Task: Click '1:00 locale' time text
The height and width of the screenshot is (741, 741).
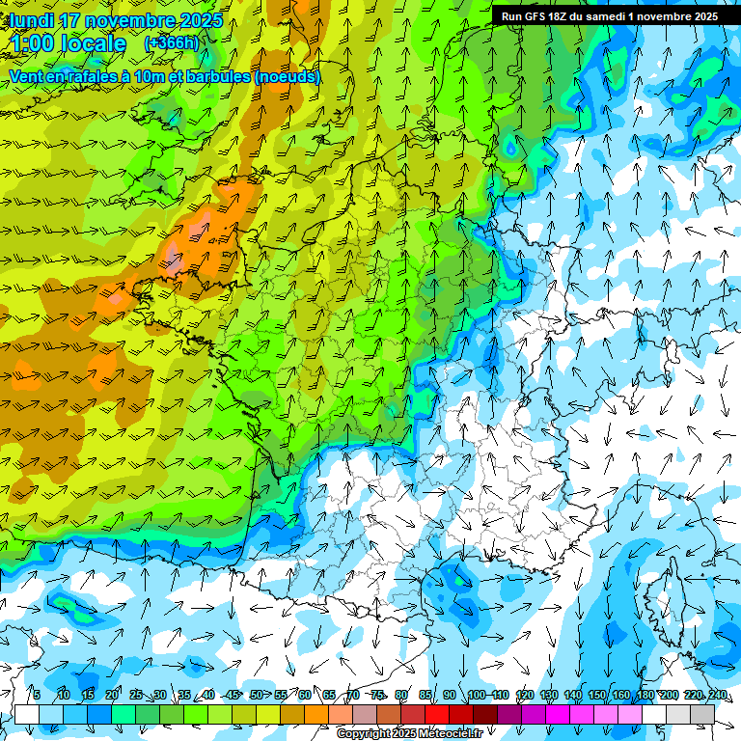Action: click(x=68, y=43)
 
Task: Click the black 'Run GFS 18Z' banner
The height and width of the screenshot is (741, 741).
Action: click(x=609, y=16)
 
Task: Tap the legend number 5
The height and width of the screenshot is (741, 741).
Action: click(x=36, y=695)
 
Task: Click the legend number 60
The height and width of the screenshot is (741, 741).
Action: click(x=305, y=695)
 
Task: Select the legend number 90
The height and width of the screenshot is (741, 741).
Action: click(x=450, y=695)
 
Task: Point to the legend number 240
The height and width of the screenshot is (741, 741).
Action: click(x=717, y=695)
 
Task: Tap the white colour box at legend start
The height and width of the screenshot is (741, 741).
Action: click(x=27, y=714)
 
